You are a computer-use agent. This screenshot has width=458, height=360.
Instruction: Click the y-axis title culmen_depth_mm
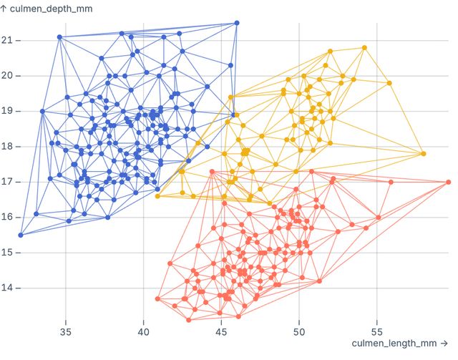coord(51,8)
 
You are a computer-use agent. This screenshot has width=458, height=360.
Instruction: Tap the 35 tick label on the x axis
coord(66,332)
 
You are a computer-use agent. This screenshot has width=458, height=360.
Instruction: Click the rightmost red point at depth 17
coord(448,182)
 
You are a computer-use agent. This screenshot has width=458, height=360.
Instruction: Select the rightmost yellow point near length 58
coord(423,154)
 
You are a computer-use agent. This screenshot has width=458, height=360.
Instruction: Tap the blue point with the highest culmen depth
coord(237,23)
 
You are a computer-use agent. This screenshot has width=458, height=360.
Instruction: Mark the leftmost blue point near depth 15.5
coord(21,235)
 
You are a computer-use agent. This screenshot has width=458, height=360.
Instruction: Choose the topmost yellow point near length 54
coord(364,48)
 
